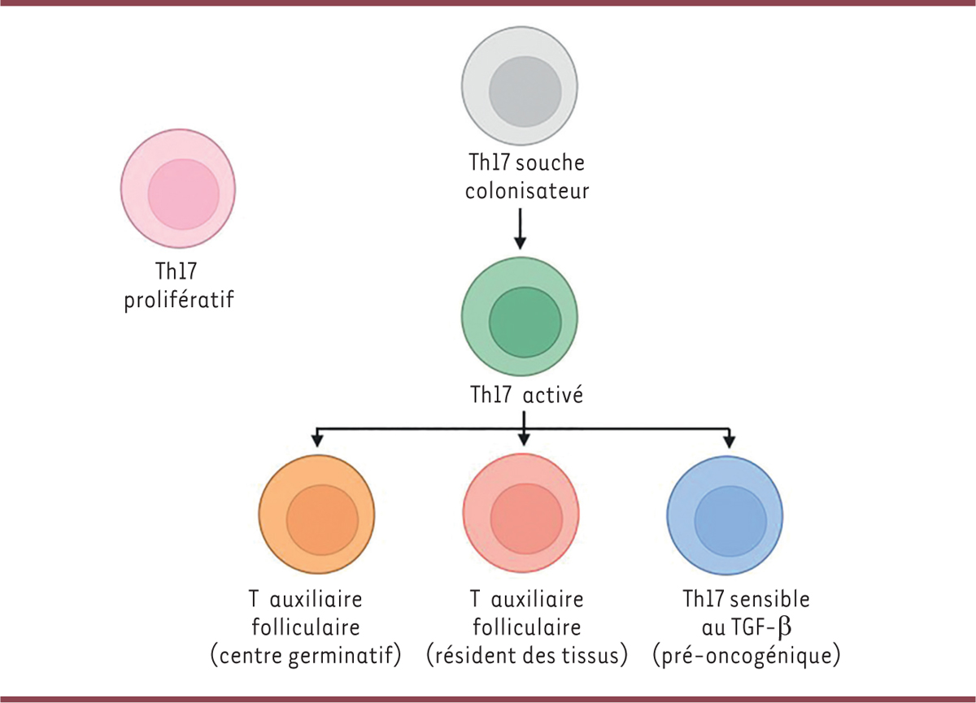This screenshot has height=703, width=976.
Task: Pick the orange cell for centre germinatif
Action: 317,515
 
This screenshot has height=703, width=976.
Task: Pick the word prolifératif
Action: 179,301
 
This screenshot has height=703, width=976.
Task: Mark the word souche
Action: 551,163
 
